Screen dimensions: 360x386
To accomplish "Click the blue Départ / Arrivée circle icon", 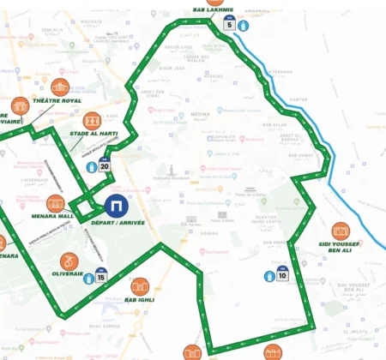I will (x=117, y=206).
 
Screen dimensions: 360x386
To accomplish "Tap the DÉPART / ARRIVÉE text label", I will (x=118, y=223).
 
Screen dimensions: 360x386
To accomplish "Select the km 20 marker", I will (x=104, y=165).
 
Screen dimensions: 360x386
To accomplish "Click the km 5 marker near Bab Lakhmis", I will (x=229, y=24).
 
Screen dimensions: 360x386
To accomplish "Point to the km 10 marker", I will (x=282, y=275).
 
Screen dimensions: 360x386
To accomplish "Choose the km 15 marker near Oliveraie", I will (x=101, y=276).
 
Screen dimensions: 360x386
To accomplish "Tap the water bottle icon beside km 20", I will (x=88, y=169).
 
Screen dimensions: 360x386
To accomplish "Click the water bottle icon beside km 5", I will (x=244, y=24).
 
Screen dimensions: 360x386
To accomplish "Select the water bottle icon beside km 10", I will (x=268, y=276).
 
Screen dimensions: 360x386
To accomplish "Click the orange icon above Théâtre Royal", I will (x=59, y=87).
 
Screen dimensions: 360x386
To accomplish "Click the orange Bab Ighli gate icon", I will (x=140, y=286).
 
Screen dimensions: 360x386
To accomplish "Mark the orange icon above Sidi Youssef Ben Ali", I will (x=341, y=231).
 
